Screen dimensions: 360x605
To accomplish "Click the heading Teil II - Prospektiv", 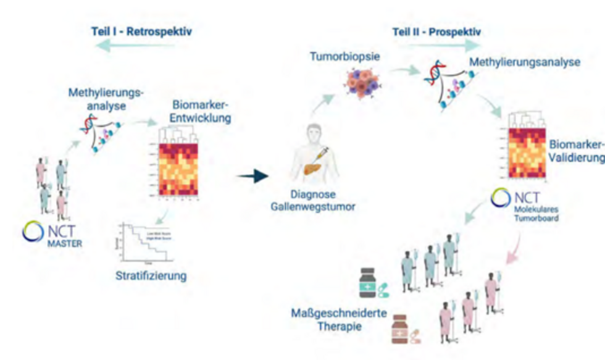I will click(x=436, y=31).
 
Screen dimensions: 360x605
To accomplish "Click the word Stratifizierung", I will click(x=151, y=275).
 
